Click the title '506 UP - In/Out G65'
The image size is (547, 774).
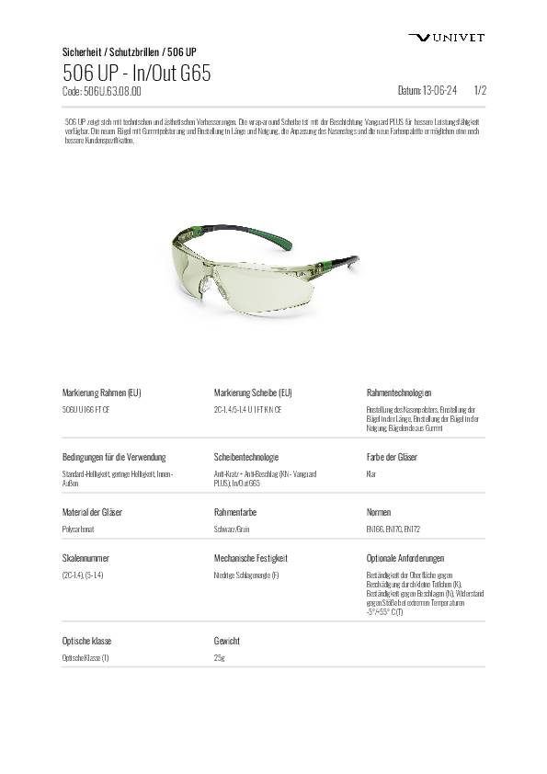point(137,74)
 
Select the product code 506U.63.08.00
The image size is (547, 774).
point(101,92)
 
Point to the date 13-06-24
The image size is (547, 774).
point(427,92)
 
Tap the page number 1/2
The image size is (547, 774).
point(479,92)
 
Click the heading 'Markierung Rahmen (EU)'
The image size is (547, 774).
point(101,393)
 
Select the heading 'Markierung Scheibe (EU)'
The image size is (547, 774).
point(253,393)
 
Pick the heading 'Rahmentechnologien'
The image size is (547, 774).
point(399,393)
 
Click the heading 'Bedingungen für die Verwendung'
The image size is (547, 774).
point(114,457)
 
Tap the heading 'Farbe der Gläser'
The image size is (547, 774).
point(392,457)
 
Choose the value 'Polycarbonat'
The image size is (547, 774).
point(78,529)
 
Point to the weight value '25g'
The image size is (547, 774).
point(219,658)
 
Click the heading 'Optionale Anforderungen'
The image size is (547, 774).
point(405,558)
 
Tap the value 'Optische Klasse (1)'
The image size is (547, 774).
point(85,658)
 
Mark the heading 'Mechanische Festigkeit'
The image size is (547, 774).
point(251,558)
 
